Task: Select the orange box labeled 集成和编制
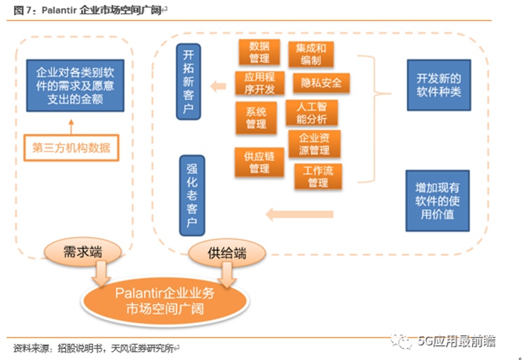tap(311, 55)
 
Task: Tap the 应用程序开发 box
tap(259, 83)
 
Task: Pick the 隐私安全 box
tap(321, 83)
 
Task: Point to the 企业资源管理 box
tap(314, 144)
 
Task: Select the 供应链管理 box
tap(259, 162)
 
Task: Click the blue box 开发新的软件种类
tap(438, 84)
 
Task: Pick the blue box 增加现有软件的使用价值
tap(437, 200)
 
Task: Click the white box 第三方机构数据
tap(71, 147)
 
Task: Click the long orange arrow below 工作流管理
tap(300, 214)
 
